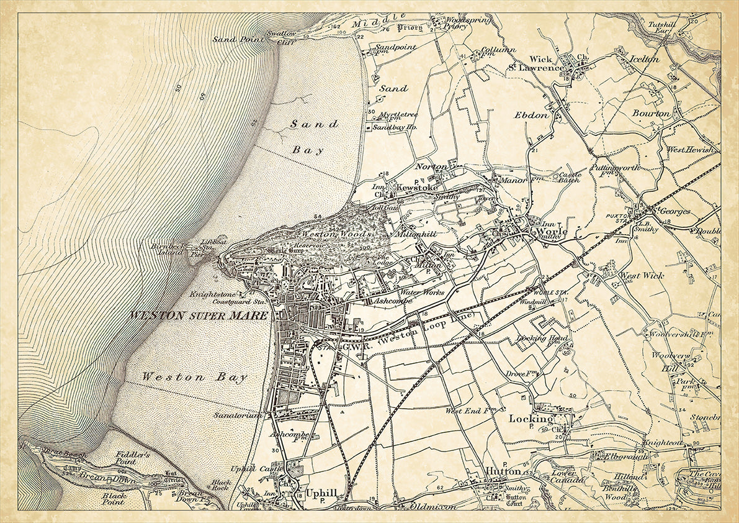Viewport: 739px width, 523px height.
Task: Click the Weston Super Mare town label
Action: click(199, 316)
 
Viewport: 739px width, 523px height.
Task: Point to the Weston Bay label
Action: click(194, 377)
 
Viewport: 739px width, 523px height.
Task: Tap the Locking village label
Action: click(531, 419)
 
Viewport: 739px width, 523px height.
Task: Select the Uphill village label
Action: click(321, 493)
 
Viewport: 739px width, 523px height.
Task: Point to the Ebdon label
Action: click(531, 115)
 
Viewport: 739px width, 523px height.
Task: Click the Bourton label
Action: click(652, 114)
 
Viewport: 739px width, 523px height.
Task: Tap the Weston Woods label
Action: click(336, 234)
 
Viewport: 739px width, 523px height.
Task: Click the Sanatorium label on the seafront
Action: click(238, 414)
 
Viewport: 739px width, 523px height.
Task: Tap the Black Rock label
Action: click(220, 484)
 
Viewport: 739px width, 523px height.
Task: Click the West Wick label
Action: click(642, 275)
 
